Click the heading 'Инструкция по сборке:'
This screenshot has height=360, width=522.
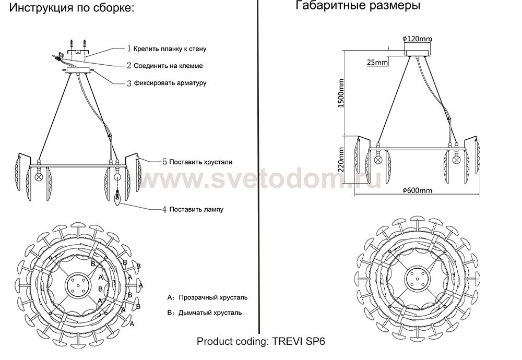click(x=72, y=7)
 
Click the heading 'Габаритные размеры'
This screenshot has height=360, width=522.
click(x=358, y=5)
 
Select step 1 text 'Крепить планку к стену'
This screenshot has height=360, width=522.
click(x=170, y=49)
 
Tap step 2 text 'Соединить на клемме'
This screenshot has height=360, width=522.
click(x=168, y=66)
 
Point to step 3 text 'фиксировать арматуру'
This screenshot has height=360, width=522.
click(x=170, y=83)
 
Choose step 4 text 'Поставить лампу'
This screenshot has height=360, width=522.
click(x=196, y=210)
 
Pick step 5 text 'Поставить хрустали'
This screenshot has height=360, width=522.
click(x=201, y=162)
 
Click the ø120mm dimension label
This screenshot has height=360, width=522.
click(x=417, y=39)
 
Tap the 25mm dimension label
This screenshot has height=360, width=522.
click(x=377, y=62)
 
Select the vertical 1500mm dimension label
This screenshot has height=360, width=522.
click(x=340, y=93)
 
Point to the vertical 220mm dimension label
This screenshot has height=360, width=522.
click(x=341, y=160)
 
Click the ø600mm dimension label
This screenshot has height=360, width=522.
click(x=417, y=190)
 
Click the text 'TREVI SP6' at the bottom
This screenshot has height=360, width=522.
click(x=299, y=342)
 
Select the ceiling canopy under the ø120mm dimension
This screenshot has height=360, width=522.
click(x=418, y=53)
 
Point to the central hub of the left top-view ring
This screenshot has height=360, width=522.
click(x=78, y=285)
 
